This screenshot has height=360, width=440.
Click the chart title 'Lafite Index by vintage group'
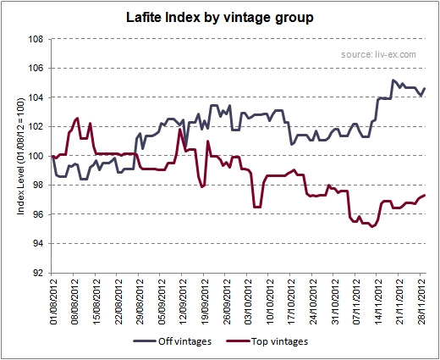pyautogui.click(x=220, y=18)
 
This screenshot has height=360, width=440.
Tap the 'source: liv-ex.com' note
pyautogui.click(x=378, y=54)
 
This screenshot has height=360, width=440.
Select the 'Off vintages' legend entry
pyautogui.click(x=173, y=341)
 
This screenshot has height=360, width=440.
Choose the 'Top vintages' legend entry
pyautogui.click(x=267, y=341)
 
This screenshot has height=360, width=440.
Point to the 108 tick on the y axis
pyautogui.click(x=36, y=39)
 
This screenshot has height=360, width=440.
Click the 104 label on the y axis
pyautogui.click(x=36, y=97)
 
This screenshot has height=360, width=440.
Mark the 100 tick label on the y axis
pyautogui.click(x=36, y=156)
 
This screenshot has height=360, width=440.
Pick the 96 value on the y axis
pyautogui.click(x=38, y=214)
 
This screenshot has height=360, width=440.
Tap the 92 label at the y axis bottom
pyautogui.click(x=38, y=273)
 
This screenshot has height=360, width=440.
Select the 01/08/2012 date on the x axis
pyautogui.click(x=54, y=302)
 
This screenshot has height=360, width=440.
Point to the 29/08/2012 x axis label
pyautogui.click(x=140, y=302)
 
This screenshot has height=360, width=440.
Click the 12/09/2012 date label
pyautogui.click(x=184, y=302)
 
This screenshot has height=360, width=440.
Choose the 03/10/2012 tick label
pyautogui.click(x=249, y=302)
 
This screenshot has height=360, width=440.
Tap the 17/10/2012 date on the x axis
pyautogui.click(x=292, y=302)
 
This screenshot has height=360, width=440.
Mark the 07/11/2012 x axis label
pyautogui.click(x=357, y=302)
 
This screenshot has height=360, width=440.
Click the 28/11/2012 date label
pyautogui.click(x=422, y=302)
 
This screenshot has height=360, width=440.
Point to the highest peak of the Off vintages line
pyautogui.click(x=393, y=80)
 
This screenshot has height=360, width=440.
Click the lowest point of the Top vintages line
pyautogui.click(x=372, y=226)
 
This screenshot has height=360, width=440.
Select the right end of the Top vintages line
pyautogui.click(x=425, y=196)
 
